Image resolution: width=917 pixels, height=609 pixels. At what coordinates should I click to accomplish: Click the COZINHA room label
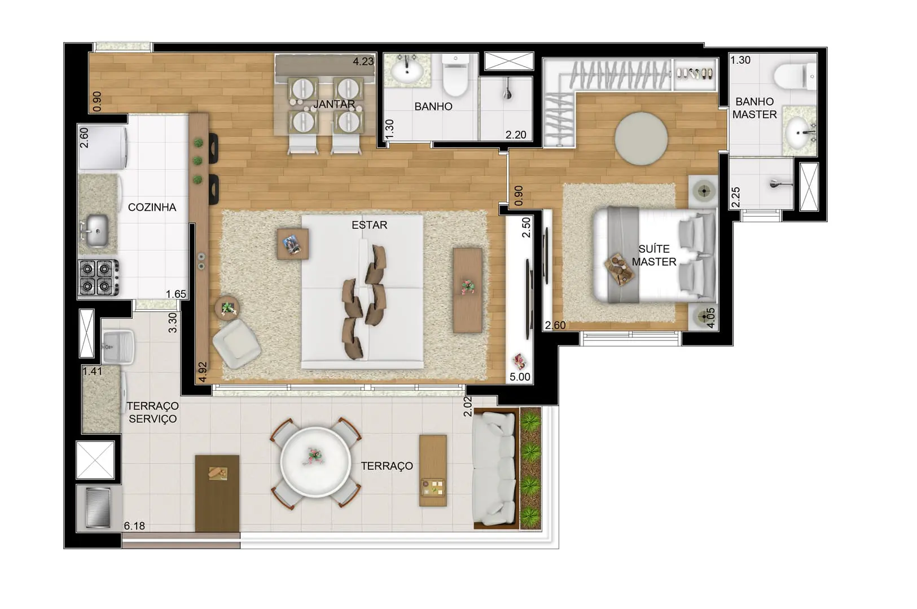coord(152,208)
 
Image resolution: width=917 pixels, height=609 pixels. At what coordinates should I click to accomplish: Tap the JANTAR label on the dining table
coord(334,104)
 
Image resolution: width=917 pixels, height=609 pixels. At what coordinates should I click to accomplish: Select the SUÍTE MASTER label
coord(654,255)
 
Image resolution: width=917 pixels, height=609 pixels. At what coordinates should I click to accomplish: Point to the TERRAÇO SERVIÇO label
coord(152,412)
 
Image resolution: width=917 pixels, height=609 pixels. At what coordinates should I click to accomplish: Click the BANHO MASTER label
coord(754,108)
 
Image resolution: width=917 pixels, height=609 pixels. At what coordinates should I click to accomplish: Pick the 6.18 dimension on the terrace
coord(134,526)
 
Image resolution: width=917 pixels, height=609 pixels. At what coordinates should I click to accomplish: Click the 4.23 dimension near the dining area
coord(363,61)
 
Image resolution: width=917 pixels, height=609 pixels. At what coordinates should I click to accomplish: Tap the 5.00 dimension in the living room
coord(520,377)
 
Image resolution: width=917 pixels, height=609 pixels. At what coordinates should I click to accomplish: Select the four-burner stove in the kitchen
coord(99,277)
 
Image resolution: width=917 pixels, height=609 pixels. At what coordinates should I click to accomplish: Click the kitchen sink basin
coord(97,231)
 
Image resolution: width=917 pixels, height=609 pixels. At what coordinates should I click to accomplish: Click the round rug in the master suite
coord(640,139)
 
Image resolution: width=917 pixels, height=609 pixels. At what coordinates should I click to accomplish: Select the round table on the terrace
coord(315,462)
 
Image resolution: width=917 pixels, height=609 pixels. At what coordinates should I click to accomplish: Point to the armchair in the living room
coord(236,344)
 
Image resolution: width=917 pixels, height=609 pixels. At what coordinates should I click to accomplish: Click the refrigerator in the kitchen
coord(103,148)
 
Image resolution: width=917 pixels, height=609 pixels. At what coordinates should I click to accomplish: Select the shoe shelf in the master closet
coord(695,74)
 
